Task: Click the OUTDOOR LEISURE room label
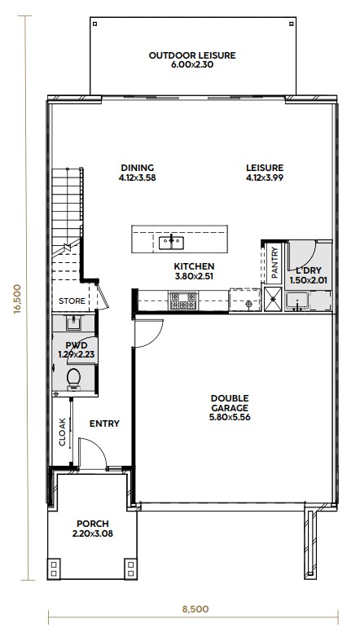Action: [192, 55]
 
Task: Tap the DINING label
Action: [138, 168]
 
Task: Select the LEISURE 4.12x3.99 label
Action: [265, 172]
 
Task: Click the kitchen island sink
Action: [171, 243]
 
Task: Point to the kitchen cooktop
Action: [183, 301]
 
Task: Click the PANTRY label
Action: [274, 263]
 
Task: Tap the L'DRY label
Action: [309, 271]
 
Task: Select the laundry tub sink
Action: [297, 301]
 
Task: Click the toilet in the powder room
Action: [73, 380]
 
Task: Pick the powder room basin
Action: [74, 323]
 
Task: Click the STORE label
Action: [72, 301]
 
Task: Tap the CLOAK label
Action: [63, 432]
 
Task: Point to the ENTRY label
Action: [104, 424]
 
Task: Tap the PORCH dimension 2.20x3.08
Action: [92, 533]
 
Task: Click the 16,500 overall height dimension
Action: [17, 299]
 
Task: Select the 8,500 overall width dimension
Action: [195, 608]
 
